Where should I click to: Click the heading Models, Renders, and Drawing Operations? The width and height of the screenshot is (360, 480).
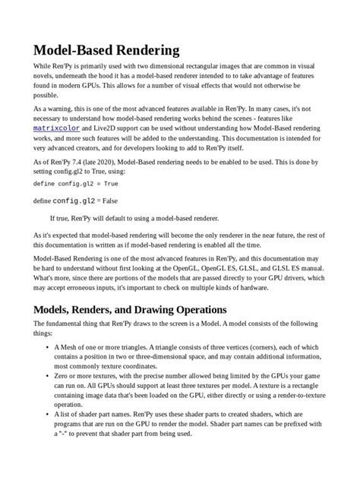129,310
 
